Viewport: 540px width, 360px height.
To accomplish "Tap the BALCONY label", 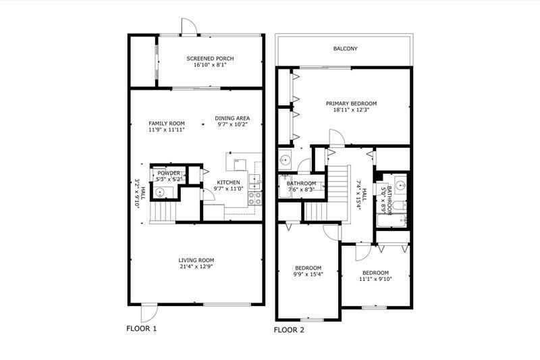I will coord(345,49).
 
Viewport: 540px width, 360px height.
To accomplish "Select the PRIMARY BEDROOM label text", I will coord(351,103).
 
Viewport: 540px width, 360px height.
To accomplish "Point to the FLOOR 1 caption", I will coord(142,328).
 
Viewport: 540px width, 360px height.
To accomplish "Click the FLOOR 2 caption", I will coord(289,330).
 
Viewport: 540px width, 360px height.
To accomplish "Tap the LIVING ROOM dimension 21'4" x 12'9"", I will coord(196,267).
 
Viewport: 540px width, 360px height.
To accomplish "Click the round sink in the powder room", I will coord(161,192).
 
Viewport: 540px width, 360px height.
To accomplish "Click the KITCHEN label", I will coord(227,182).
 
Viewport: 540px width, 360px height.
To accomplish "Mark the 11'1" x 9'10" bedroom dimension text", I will coord(375,278).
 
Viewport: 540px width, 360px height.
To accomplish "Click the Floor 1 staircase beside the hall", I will coord(162,213).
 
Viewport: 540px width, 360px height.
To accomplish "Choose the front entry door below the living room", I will coord(148,312).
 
